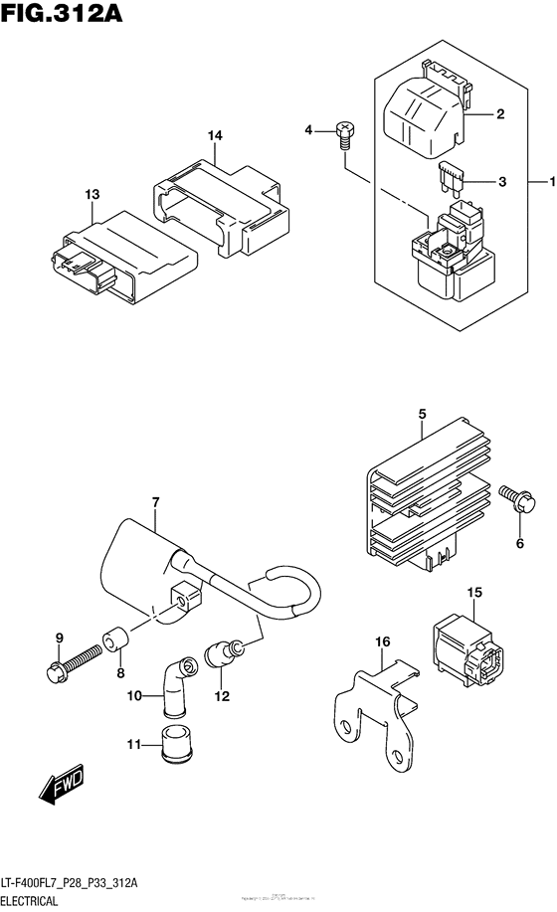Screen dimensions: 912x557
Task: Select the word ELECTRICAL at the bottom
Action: tap(37, 900)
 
